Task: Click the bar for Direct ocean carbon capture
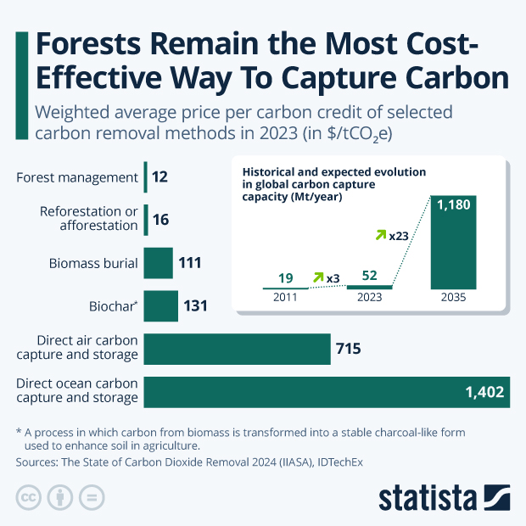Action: (x=327, y=392)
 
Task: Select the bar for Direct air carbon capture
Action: (x=237, y=350)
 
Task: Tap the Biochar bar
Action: (x=161, y=305)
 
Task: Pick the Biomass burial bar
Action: (x=159, y=263)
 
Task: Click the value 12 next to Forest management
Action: (x=160, y=177)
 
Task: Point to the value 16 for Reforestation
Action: (x=161, y=220)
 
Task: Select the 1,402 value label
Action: (x=484, y=392)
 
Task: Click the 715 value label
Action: (x=350, y=350)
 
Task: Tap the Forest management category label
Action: (x=77, y=177)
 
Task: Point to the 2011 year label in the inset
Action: (x=285, y=298)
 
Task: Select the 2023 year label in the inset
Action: (x=370, y=298)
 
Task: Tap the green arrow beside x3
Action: (x=319, y=277)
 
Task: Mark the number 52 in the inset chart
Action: (x=370, y=275)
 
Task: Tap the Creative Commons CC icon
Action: (x=29, y=497)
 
